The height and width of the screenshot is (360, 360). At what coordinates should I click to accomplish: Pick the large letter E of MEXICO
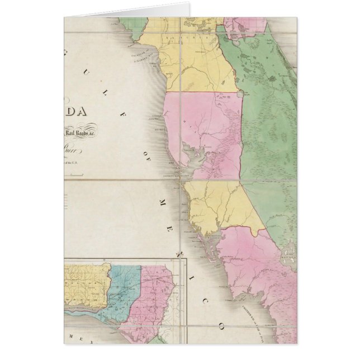pyautogui.click(x=173, y=202)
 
